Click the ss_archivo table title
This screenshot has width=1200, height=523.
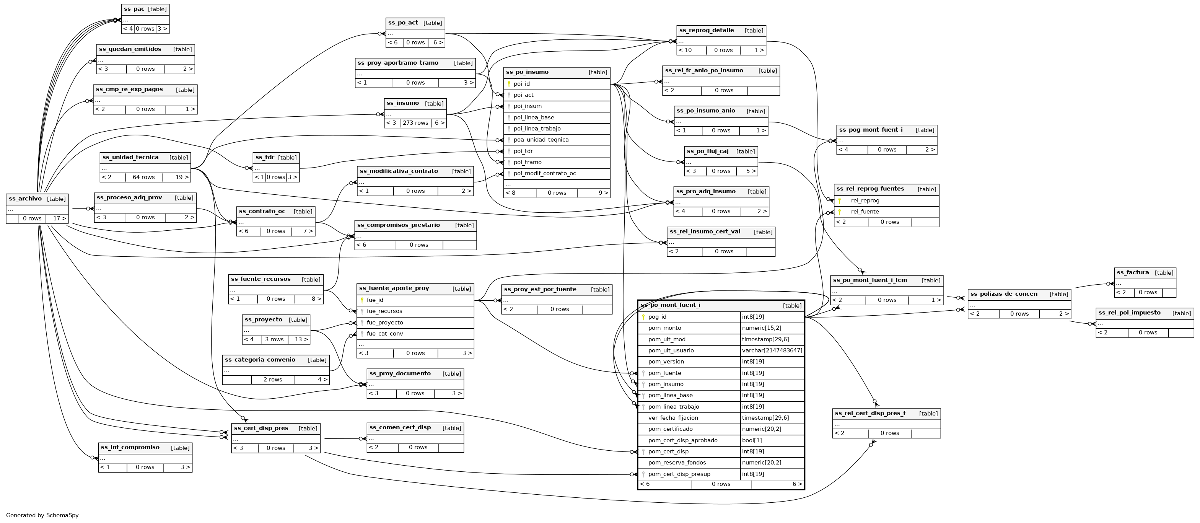25,199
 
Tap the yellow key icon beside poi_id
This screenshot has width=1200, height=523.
509,84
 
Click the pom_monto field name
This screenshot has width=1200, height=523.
664,328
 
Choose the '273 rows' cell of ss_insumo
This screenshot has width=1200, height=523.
415,123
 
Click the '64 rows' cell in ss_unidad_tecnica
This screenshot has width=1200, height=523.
143,178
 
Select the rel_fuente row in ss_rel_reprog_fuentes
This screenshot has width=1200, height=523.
865,212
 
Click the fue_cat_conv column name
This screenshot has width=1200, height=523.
384,334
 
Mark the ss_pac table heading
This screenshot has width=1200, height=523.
134,9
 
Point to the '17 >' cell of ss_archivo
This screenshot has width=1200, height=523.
59,218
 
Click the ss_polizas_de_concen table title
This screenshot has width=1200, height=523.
1003,294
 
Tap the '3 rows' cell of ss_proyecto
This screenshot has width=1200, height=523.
274,339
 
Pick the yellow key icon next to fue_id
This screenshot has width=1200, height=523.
362,300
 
